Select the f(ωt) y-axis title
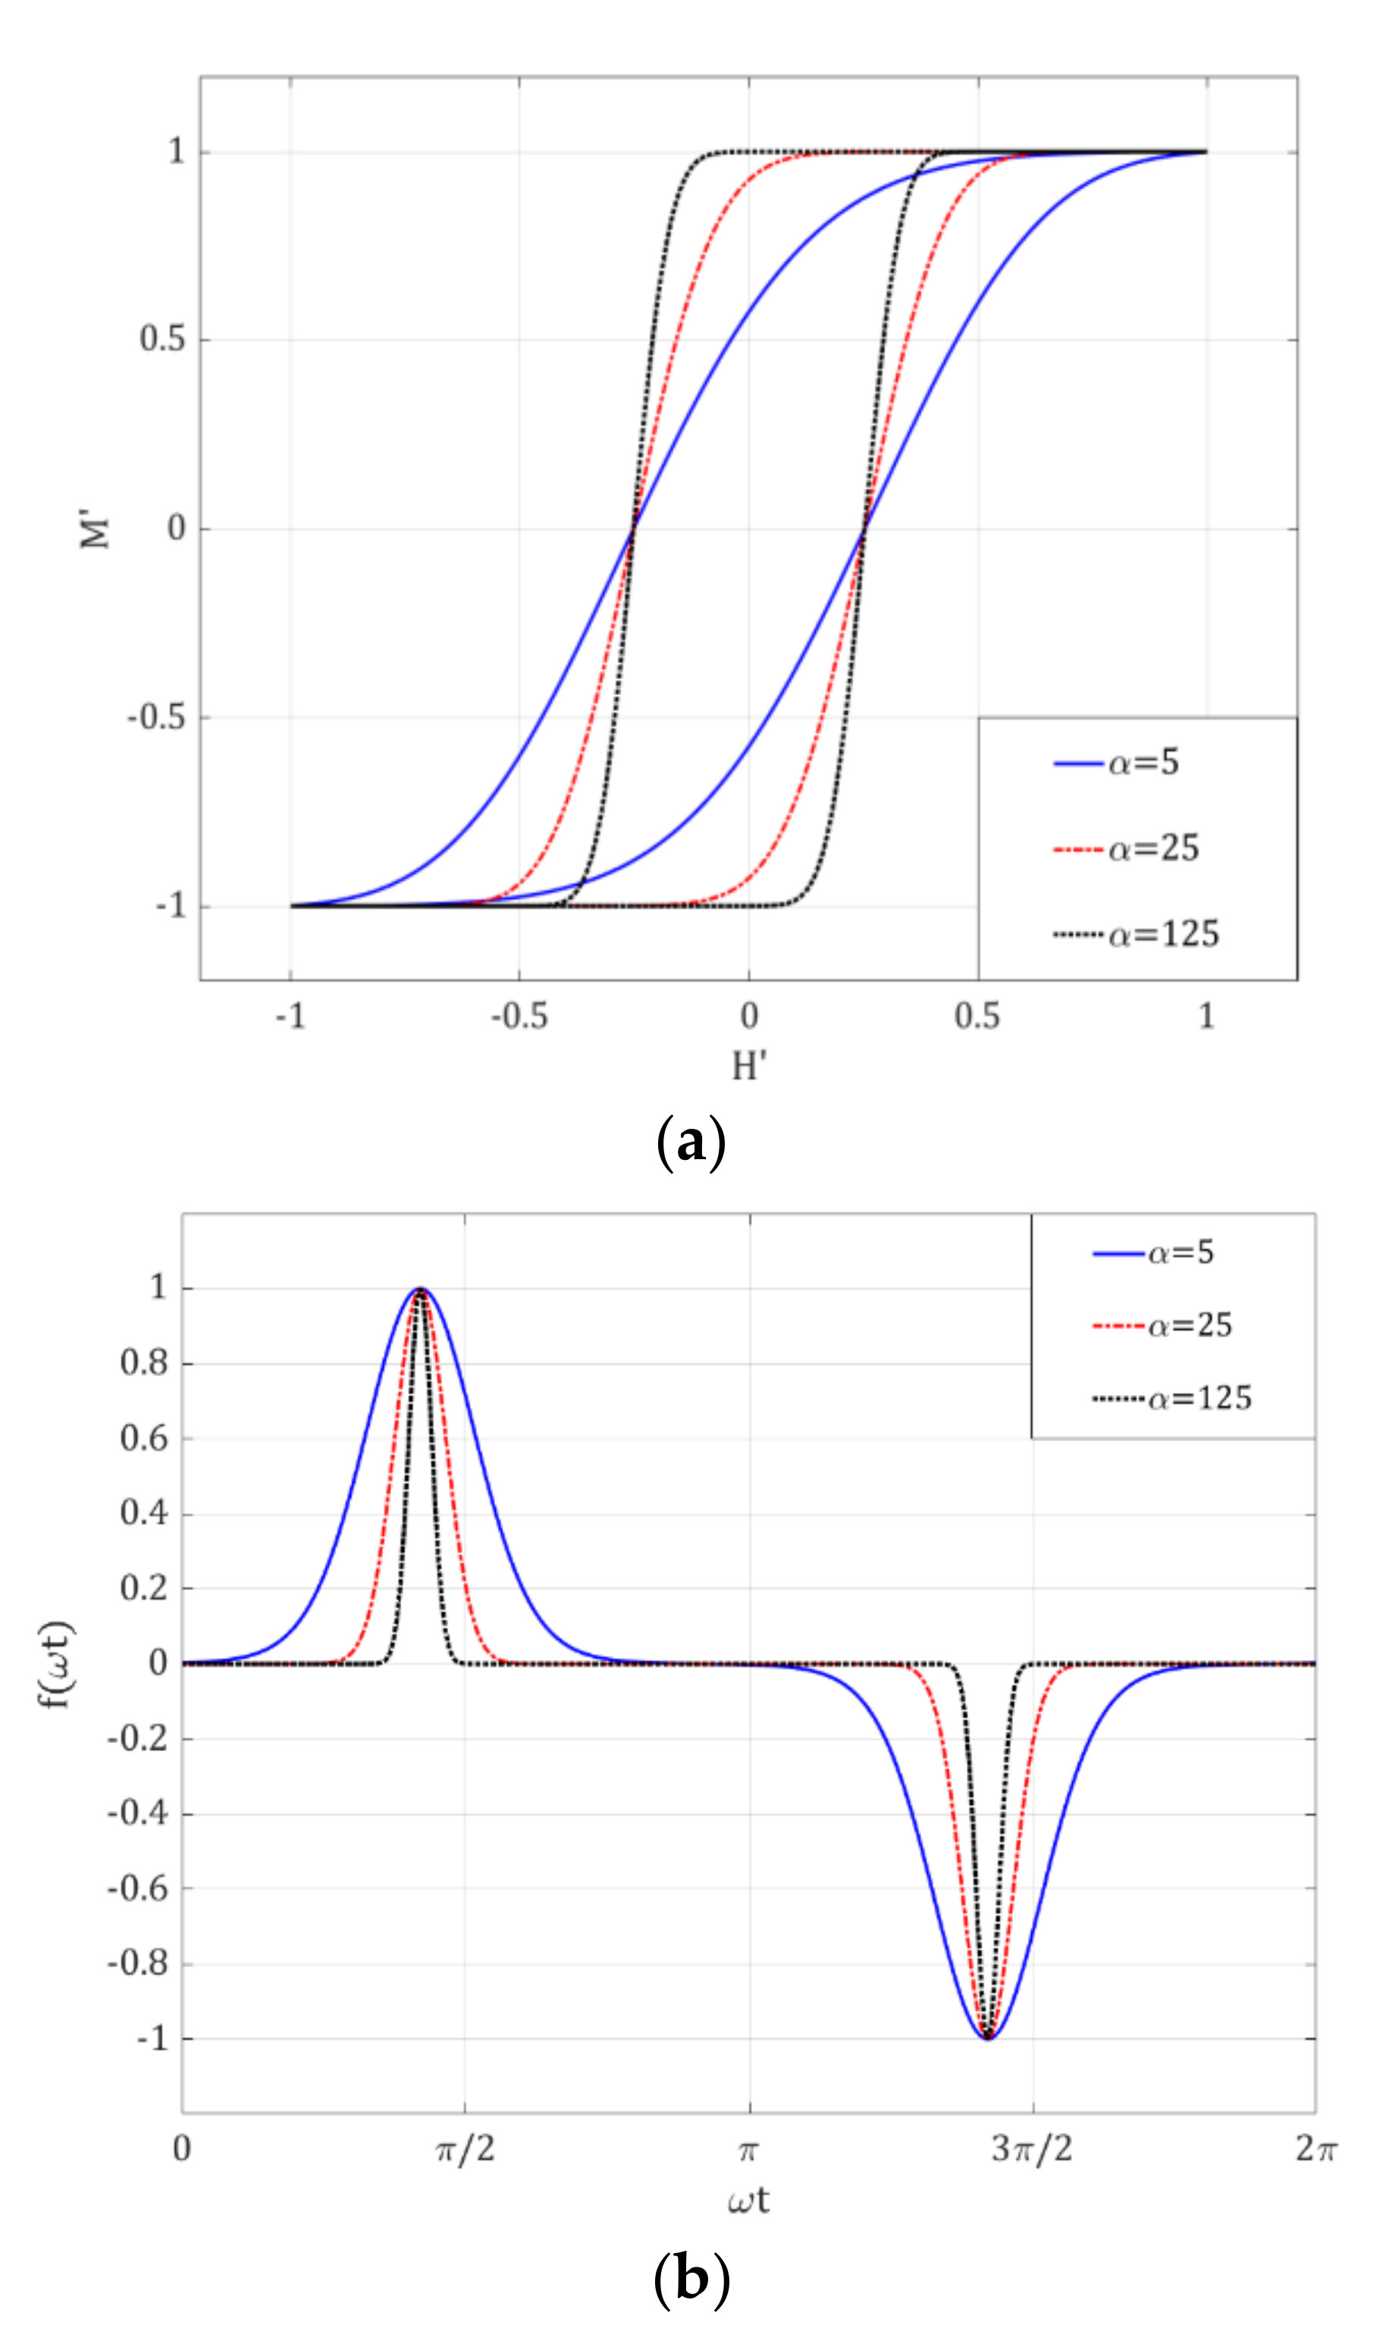(58, 1664)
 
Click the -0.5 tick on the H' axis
(519, 1016)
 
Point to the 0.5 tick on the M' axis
(163, 339)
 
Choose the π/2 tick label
(466, 2149)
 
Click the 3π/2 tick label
(1033, 2149)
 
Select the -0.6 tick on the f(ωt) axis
(137, 1889)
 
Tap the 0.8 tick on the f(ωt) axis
(144, 1363)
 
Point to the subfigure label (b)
(691, 2278)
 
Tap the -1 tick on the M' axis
(171, 907)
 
